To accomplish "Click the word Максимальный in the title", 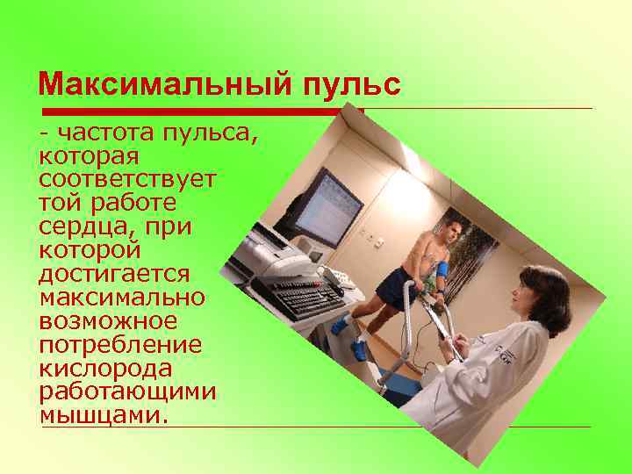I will coord(163,85).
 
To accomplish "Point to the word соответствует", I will coord(126,179).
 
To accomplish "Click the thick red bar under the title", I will coord(202,111).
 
